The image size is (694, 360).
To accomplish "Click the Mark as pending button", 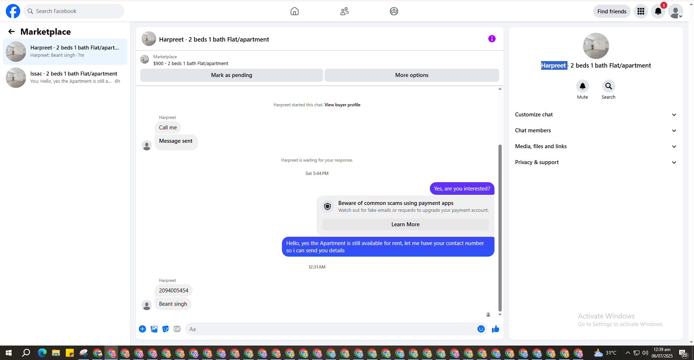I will [231, 75].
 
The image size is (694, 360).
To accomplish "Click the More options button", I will [412, 75].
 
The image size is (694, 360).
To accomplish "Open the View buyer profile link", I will [342, 105].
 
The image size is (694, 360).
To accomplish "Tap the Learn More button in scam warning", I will [405, 224].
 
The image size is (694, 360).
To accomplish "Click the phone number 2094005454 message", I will [173, 291].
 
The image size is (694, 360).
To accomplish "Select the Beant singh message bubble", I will [173, 304].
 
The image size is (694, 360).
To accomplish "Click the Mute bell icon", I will [582, 86].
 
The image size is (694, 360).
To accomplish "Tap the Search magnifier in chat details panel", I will [608, 86].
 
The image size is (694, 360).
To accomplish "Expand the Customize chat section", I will [595, 115].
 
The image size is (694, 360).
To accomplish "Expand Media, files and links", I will [595, 146].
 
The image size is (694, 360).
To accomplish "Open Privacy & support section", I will [595, 162].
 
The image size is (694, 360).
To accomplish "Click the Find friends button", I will [612, 12].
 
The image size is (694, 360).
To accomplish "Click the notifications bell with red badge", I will [658, 12].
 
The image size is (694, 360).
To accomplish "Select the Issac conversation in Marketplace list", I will [65, 77].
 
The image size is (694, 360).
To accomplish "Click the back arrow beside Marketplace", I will [12, 32].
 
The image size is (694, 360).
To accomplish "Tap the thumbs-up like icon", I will [495, 329].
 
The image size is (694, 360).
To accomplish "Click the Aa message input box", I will [331, 329].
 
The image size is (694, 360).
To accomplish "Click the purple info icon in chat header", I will [492, 39].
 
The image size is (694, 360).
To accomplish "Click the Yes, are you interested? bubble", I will [462, 189].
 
